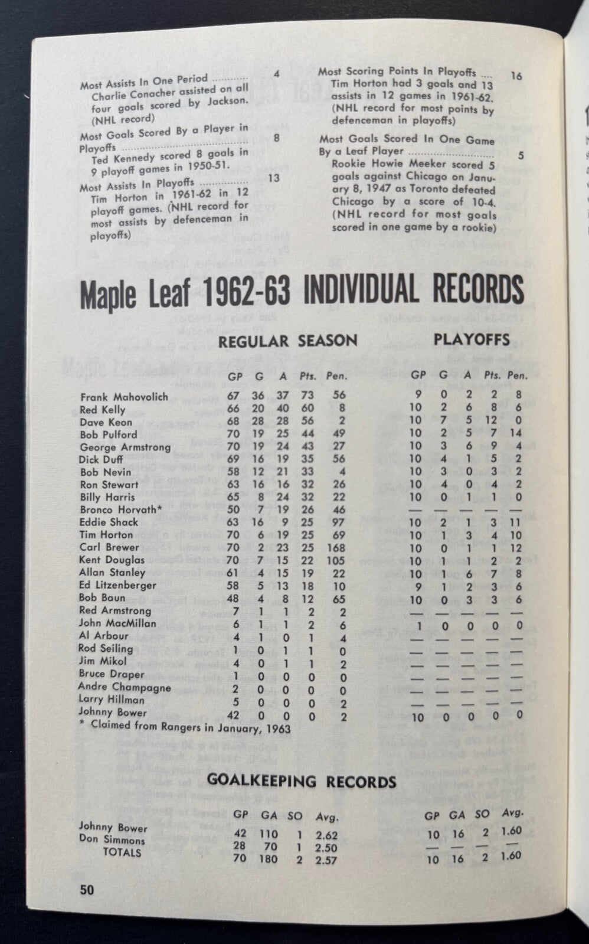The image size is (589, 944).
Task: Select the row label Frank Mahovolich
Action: click(124, 397)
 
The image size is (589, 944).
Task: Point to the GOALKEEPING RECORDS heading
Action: click(301, 782)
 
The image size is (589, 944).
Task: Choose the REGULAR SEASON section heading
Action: click(288, 341)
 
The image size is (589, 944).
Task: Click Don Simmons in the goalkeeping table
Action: click(112, 840)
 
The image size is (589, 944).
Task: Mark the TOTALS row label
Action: click(122, 852)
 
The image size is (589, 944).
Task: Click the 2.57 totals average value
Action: click(326, 860)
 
